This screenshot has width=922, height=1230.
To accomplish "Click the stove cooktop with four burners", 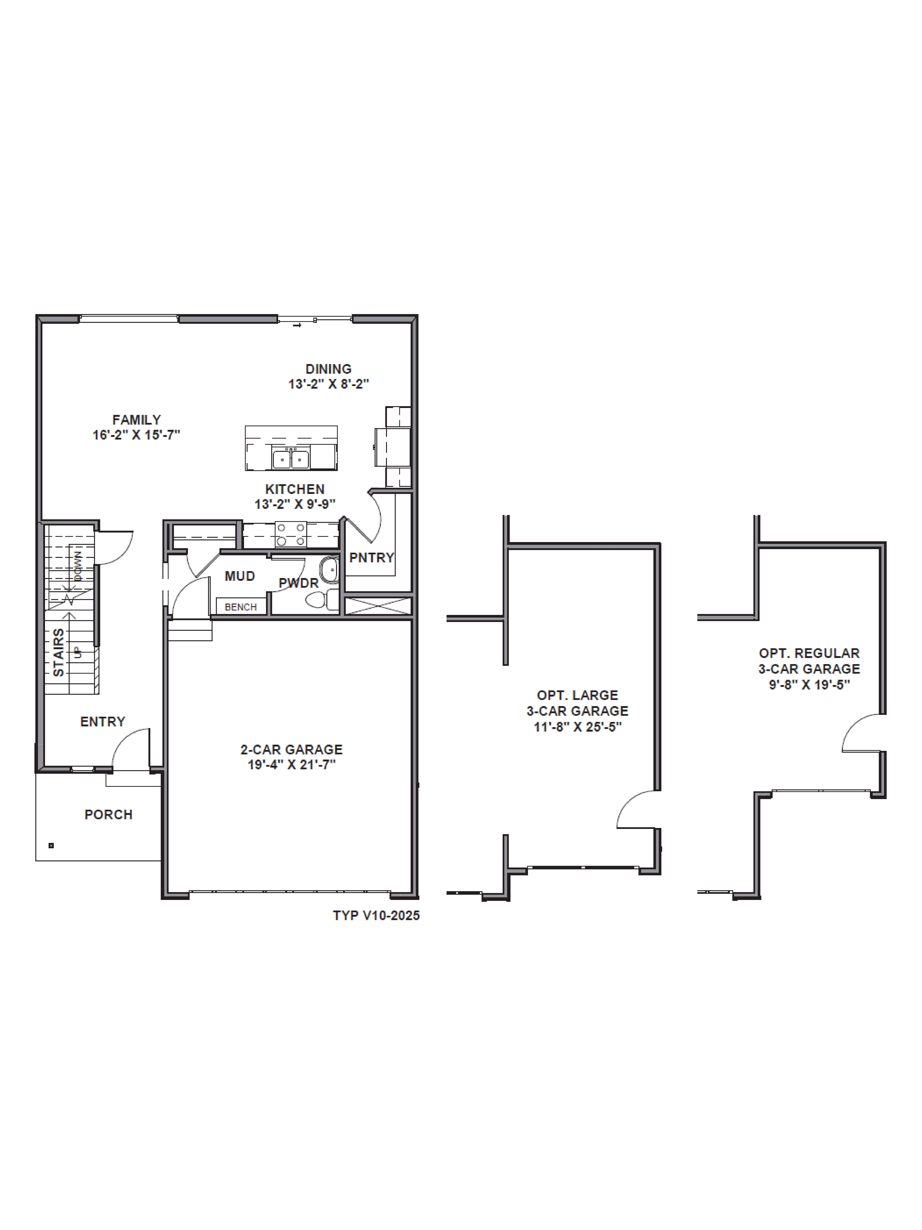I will (x=291, y=534).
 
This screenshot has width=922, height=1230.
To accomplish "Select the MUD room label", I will (x=240, y=576).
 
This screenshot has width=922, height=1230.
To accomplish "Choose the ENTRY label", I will (x=103, y=722).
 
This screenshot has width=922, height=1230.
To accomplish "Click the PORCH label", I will (x=108, y=815).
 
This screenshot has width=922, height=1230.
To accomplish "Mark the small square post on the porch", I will (x=51, y=846).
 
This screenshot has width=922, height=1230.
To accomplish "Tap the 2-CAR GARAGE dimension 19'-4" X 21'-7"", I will (x=292, y=765).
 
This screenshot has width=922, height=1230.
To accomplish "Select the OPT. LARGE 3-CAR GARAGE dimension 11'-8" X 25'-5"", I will (x=577, y=727).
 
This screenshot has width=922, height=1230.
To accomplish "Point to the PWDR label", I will (x=298, y=583).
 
